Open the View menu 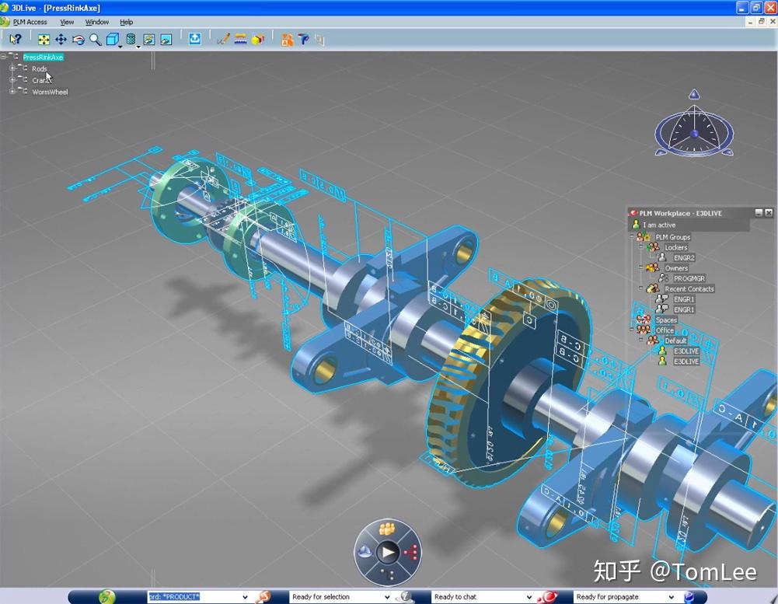click(x=67, y=22)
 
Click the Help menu click(x=127, y=22)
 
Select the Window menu click(x=97, y=22)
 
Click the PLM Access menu click(x=30, y=22)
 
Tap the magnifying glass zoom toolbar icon click(x=95, y=39)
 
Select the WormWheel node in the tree click(x=50, y=92)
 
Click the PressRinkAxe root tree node click(x=43, y=58)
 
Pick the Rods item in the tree click(x=40, y=69)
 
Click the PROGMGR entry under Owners click(x=689, y=278)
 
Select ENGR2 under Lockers click(x=684, y=257)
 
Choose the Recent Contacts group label click(x=689, y=288)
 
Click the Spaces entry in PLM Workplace click(x=666, y=320)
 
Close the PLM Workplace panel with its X click(x=769, y=213)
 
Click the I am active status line click(x=659, y=225)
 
